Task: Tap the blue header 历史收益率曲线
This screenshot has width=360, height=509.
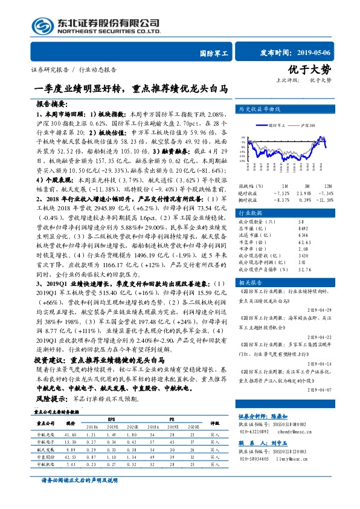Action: (x=260, y=109)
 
